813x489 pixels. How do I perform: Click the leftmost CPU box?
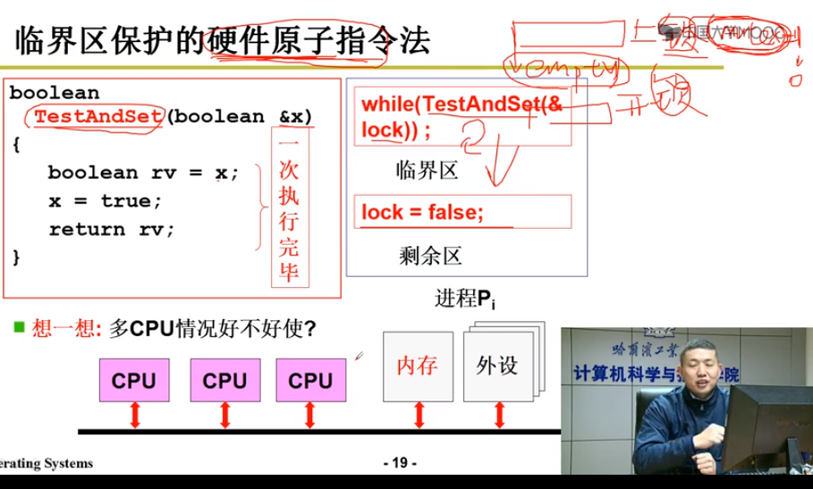[x=133, y=380]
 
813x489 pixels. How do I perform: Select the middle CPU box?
[x=224, y=380]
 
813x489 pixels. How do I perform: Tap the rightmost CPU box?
[x=310, y=380]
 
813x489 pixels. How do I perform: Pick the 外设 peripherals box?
[x=496, y=366]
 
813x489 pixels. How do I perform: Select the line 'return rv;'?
[x=112, y=229]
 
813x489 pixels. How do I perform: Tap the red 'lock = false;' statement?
[x=422, y=213]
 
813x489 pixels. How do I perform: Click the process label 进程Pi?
[x=464, y=299]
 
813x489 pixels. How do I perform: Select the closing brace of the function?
[x=16, y=256]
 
